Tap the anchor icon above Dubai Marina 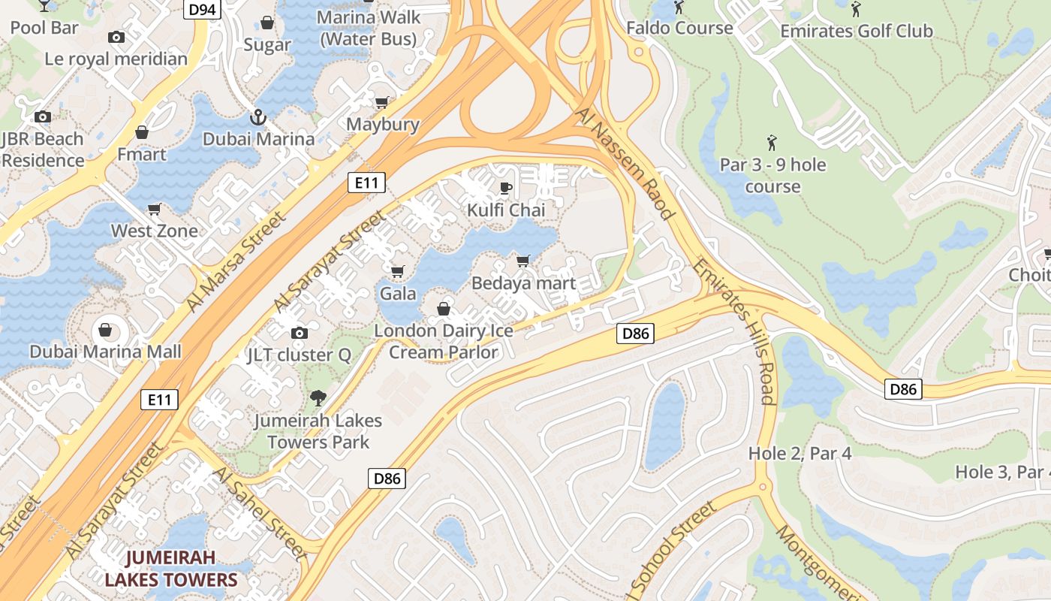258,118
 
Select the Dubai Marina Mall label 105,352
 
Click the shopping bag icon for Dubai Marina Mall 105,330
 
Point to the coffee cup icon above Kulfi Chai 506,188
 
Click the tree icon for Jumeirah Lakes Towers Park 318,397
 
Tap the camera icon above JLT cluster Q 299,333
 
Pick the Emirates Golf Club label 856,31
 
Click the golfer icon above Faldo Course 679,8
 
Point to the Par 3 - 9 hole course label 772,175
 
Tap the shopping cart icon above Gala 398,271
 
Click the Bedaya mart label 523,283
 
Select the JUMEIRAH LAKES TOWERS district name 170,568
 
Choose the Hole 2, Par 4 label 800,453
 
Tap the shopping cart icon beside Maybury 382,103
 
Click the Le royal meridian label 116,59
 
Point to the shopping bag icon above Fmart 142,133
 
